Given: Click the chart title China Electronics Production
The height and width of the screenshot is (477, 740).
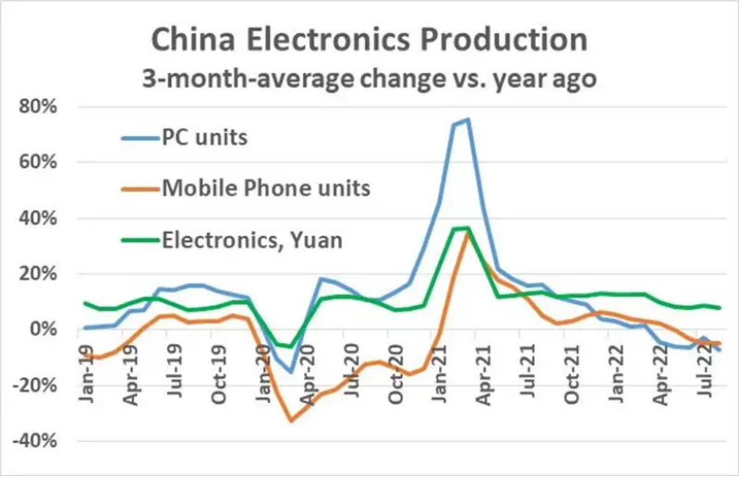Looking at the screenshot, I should [369, 40].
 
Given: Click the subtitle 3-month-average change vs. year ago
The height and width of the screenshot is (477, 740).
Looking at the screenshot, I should [369, 79].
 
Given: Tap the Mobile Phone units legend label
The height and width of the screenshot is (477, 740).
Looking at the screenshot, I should [266, 189].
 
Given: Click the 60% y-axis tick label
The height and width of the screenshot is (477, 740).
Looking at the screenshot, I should [41, 163].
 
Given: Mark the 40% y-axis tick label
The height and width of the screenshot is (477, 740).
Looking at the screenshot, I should [41, 218].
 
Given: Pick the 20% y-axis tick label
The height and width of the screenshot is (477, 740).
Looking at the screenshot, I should [41, 274].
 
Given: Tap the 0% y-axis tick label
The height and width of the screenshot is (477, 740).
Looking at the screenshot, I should [45, 330].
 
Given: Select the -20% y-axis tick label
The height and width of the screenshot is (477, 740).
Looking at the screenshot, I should [37, 385].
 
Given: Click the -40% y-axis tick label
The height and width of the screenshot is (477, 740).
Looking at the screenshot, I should [37, 441].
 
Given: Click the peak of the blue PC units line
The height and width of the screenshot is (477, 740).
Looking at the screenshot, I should [468, 119].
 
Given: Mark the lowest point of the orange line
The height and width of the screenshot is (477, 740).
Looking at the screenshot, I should [291, 421].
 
